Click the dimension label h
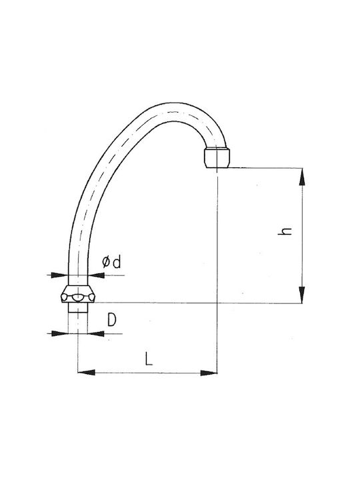pyautogui.click(x=285, y=231)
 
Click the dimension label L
pyautogui.click(x=149, y=359)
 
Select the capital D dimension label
pyautogui.click(x=112, y=320)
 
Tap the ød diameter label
pyautogui.click(x=111, y=263)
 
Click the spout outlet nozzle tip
pyautogui.click(x=216, y=157)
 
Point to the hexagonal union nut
pyautogui.click(x=78, y=294)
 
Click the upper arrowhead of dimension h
pyautogui.click(x=302, y=177)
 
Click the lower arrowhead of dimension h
pyautogui.click(x=302, y=295)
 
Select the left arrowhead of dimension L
pyautogui.click(x=86, y=373)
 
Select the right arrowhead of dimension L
pyautogui.click(x=209, y=373)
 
